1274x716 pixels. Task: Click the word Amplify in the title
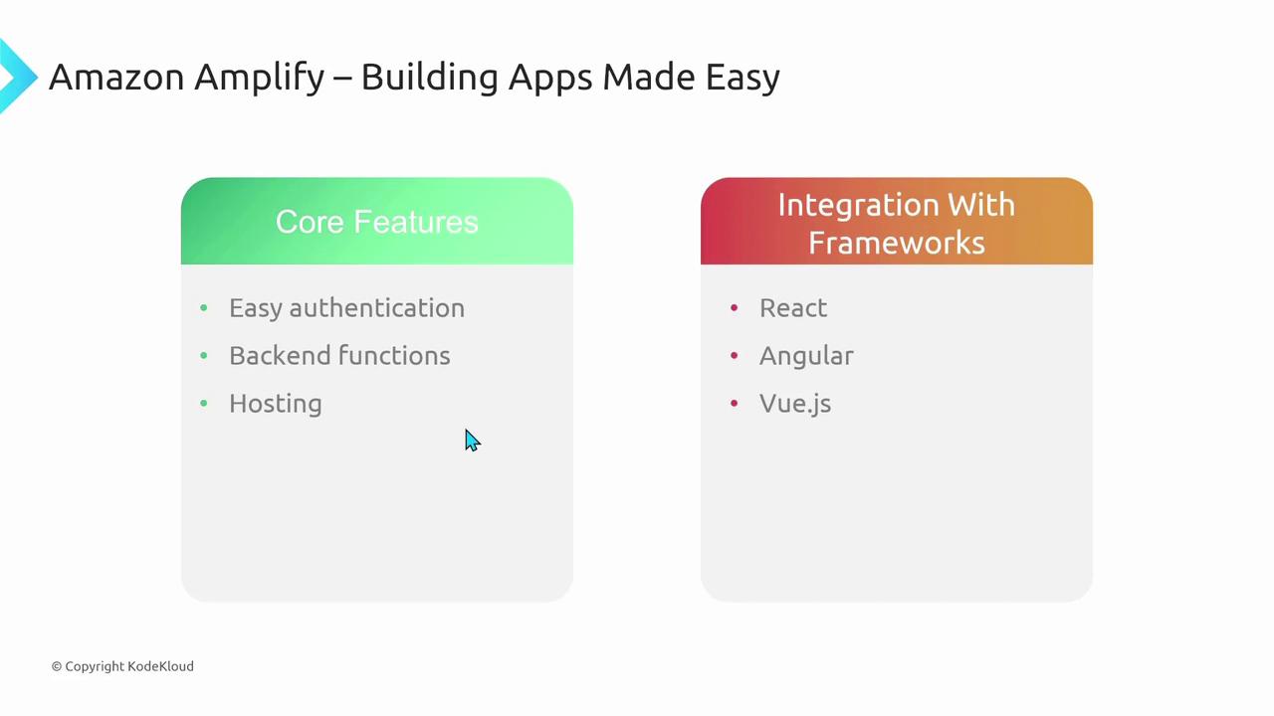point(259,78)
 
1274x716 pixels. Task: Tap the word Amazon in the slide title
point(116,77)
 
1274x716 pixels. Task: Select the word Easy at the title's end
point(743,79)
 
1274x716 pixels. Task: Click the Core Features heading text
point(377,222)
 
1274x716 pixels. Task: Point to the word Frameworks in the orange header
point(897,243)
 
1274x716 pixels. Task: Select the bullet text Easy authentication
point(347,308)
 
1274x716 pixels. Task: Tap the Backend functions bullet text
point(339,356)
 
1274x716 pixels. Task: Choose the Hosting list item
point(276,405)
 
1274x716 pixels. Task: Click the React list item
point(793,308)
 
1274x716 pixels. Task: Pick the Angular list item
point(806,357)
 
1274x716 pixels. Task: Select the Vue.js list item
point(795,405)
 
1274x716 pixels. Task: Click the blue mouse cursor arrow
point(472,441)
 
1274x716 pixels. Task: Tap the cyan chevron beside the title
point(17,77)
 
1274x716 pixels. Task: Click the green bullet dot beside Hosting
point(204,404)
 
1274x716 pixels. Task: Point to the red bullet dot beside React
point(735,308)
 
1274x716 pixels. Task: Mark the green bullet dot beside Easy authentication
point(204,308)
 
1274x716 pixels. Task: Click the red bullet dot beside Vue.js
point(735,404)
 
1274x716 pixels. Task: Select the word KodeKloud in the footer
point(160,666)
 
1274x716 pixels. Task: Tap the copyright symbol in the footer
point(57,666)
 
